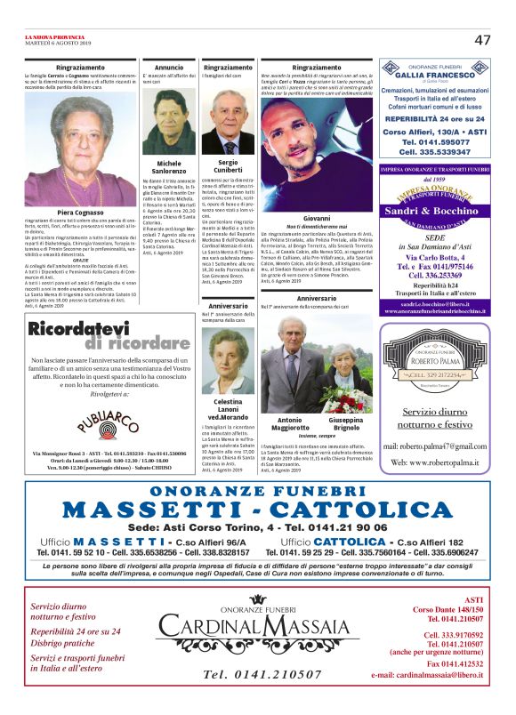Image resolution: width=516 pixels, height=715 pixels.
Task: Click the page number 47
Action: point(483,40)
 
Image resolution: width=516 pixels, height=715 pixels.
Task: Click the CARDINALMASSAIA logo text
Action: point(257,630)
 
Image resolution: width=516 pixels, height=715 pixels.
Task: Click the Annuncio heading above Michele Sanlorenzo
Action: point(169,68)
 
